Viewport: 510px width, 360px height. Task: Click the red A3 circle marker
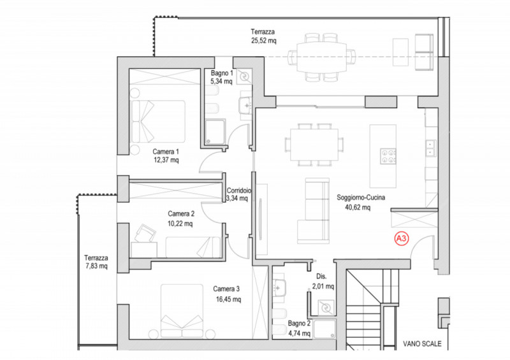pos(402,239)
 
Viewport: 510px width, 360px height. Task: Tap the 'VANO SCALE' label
pos(422,343)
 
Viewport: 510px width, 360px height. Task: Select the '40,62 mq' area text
pos(358,207)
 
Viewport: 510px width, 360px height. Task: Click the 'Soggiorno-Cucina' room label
pos(361,198)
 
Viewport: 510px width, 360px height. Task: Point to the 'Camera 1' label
pos(166,152)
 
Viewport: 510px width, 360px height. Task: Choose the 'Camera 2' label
pos(181,213)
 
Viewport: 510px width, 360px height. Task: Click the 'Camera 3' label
pos(226,289)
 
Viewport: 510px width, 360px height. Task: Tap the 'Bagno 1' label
pos(222,73)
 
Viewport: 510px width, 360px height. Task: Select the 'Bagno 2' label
pos(299,324)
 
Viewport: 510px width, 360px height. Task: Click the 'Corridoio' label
pos(238,191)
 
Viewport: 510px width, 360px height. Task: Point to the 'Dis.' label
pos(321,277)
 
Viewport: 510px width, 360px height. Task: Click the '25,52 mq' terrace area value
pos(263,41)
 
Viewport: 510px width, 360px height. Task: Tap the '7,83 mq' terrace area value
pos(96,266)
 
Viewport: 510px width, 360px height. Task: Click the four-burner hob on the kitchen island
pos(388,156)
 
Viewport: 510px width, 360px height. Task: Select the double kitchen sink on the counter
pos(432,148)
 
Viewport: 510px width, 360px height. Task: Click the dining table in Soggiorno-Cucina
pos(314,145)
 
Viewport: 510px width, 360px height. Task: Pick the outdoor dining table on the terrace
pos(321,57)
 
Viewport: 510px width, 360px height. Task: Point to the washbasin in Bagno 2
pos(279,288)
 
